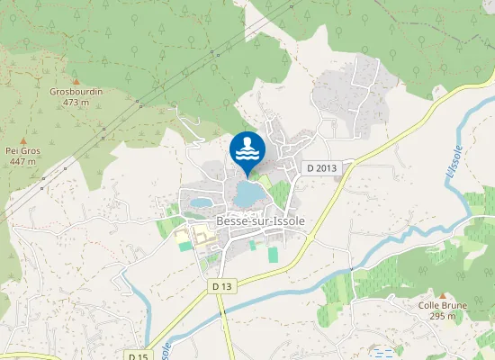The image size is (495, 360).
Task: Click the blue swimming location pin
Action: pos(247,151)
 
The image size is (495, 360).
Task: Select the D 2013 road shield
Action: pos(320,167)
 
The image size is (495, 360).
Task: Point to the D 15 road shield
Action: pos(138,355)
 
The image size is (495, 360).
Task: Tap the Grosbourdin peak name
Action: pos(76,92)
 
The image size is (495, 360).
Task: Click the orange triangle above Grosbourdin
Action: pos(76,80)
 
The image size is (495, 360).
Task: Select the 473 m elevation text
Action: pos(76,103)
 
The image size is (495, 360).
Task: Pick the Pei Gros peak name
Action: pos(22,150)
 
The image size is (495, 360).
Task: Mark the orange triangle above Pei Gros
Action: pos(22,139)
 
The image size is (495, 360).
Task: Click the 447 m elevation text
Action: pos(22,161)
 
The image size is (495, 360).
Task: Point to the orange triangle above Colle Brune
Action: pos(443,294)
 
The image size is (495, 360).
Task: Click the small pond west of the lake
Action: pos(201,203)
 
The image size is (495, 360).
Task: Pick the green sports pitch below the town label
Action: pos(274,254)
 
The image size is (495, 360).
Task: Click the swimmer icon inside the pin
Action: pos(247,148)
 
